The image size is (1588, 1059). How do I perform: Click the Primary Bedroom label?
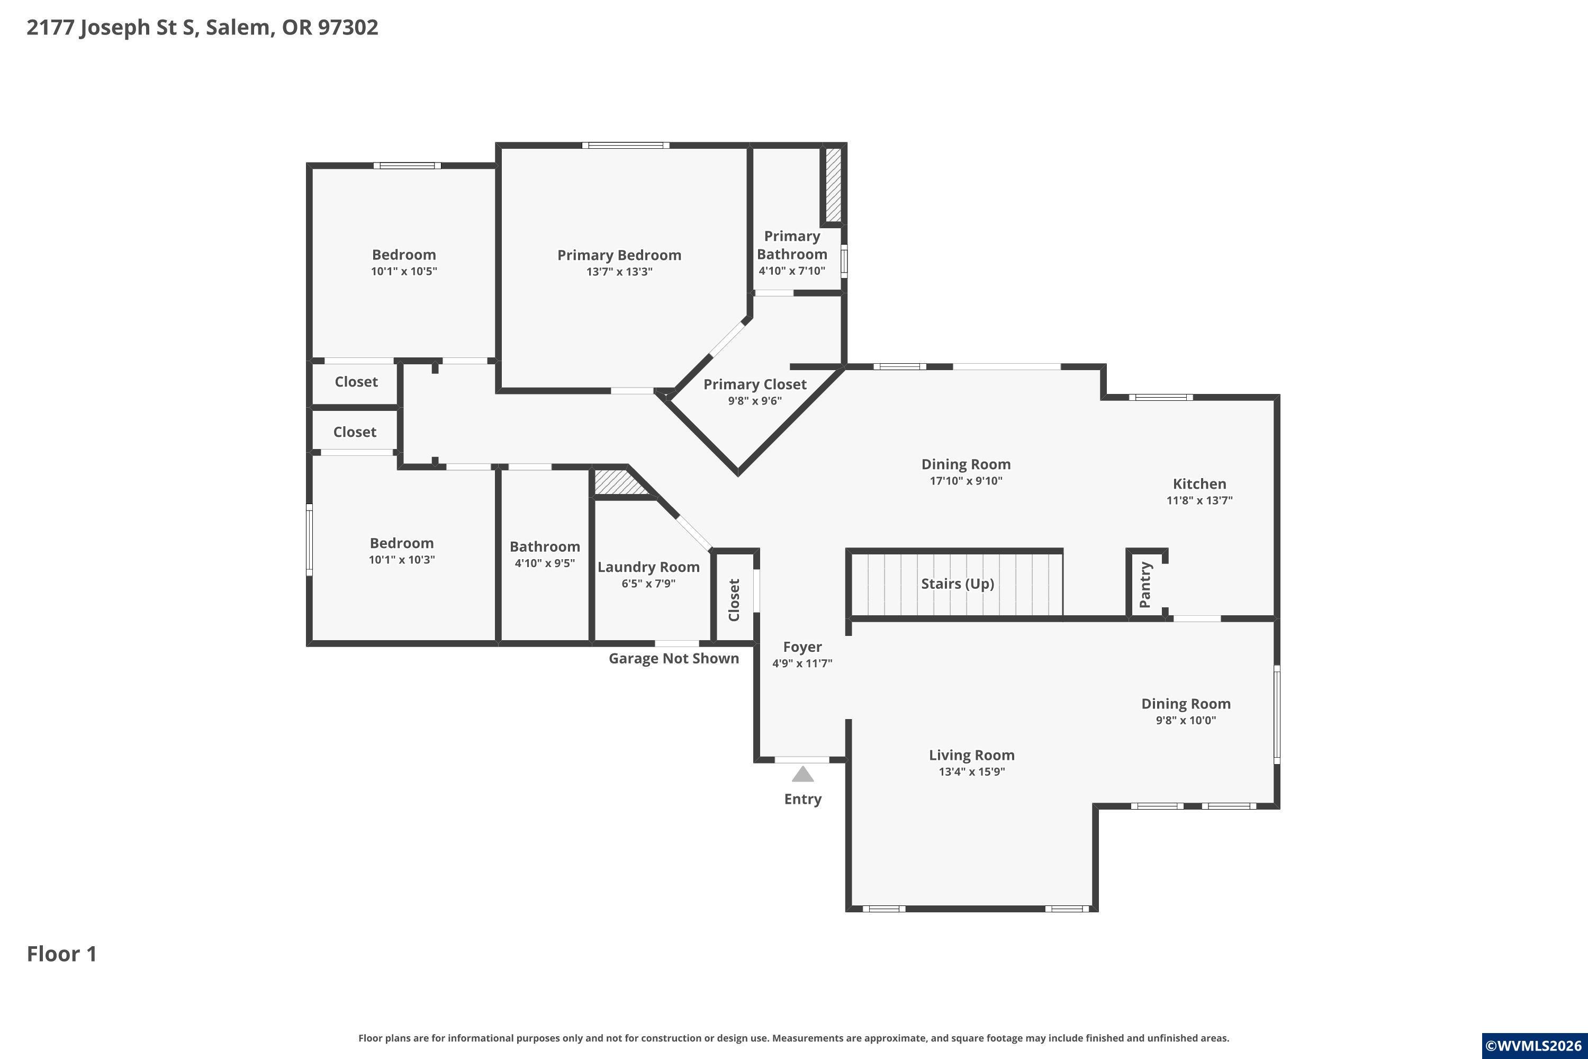tap(619, 255)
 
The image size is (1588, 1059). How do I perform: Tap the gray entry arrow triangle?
tap(802, 774)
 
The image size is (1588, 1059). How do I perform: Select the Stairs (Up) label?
tap(958, 584)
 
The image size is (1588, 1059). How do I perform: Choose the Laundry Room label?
tap(648, 567)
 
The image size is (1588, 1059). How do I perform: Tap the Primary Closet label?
tap(755, 384)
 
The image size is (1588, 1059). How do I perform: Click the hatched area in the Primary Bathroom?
tap(834, 184)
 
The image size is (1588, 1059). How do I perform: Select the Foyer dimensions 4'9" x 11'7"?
tap(802, 663)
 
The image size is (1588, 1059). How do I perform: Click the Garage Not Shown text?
tap(674, 659)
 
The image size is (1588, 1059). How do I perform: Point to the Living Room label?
tap(971, 755)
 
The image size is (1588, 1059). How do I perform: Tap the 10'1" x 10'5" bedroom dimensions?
tap(404, 272)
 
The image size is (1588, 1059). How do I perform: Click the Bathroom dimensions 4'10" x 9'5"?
tap(545, 563)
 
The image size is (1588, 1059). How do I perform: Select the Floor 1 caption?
tap(62, 954)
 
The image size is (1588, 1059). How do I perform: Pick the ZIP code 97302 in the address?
tap(348, 28)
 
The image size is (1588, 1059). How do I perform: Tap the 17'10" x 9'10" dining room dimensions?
tap(966, 481)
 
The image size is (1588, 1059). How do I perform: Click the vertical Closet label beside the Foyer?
tap(734, 600)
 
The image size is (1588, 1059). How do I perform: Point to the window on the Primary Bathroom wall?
tap(844, 261)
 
